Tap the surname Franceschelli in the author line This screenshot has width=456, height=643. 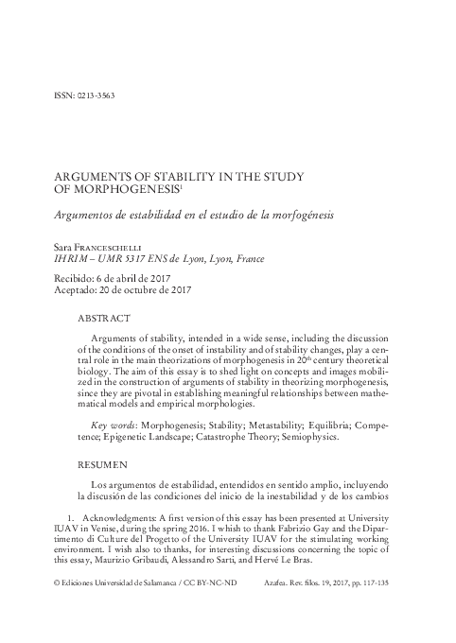114,246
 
